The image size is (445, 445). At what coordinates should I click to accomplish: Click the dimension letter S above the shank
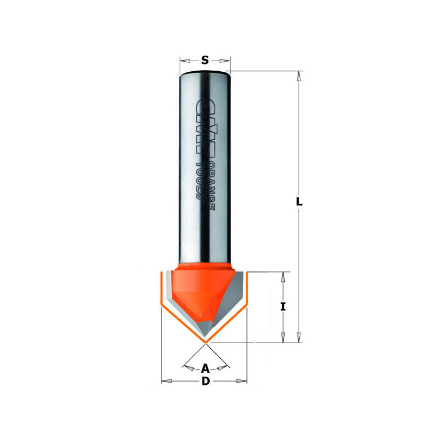click(205, 60)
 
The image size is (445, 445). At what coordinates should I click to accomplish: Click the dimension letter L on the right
click(299, 202)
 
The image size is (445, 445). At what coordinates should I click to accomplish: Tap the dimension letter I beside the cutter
click(283, 307)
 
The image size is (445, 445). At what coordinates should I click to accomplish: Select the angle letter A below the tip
click(205, 369)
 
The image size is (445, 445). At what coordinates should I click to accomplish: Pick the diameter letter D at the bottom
click(205, 381)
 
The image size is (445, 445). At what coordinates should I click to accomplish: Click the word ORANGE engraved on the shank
click(210, 186)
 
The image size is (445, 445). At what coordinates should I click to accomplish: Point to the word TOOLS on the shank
click(200, 180)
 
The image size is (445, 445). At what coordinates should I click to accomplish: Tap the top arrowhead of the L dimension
click(299, 76)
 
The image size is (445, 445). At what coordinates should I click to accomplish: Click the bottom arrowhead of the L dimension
click(299, 338)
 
